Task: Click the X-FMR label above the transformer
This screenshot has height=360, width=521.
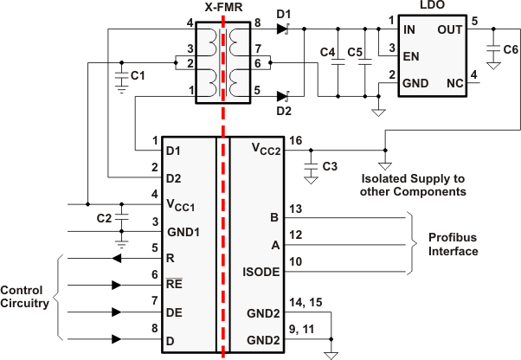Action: pyautogui.click(x=223, y=7)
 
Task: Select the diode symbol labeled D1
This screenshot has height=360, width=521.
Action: pyautogui.click(x=283, y=29)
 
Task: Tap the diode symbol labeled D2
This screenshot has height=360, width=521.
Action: pyautogui.click(x=283, y=97)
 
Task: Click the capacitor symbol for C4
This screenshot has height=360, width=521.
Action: pyautogui.click(x=338, y=62)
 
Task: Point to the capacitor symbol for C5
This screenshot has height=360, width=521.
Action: pyautogui.click(x=365, y=62)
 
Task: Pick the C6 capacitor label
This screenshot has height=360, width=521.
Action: pyautogui.click(x=511, y=49)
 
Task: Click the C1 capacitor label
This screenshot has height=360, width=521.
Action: pyautogui.click(x=138, y=75)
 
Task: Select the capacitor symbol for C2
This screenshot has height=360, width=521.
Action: pyautogui.click(x=122, y=218)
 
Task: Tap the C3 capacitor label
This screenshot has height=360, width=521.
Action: pyautogui.click(x=330, y=166)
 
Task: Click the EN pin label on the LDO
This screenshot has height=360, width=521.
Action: pyautogui.click(x=411, y=56)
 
